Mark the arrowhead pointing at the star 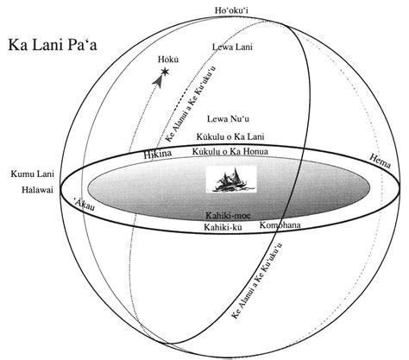pos(159,82)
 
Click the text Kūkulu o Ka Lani pos(230,138)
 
